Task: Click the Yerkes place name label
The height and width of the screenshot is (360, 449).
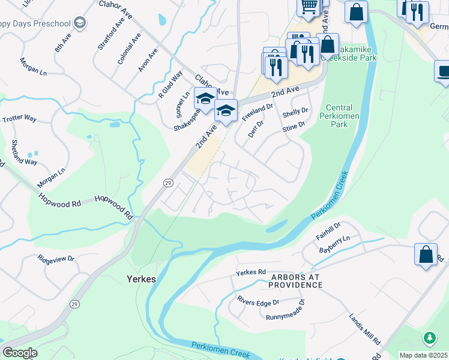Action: pos(142,279)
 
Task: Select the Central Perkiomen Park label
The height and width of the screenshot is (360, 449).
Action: pos(340,116)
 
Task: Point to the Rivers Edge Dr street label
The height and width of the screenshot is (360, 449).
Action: pos(258,301)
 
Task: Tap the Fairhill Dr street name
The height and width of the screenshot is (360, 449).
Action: pos(329,231)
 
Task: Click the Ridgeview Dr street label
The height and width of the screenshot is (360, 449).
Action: pos(55,259)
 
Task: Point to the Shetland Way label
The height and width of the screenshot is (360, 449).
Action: pos(24,153)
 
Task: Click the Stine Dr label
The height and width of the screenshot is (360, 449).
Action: pos(294,127)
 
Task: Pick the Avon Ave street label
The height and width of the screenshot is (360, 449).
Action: pos(148,60)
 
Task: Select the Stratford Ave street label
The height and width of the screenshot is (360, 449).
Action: pos(105,37)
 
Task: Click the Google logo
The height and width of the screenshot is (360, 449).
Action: pos(20,353)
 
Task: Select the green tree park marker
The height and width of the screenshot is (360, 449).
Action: pos(430,338)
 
